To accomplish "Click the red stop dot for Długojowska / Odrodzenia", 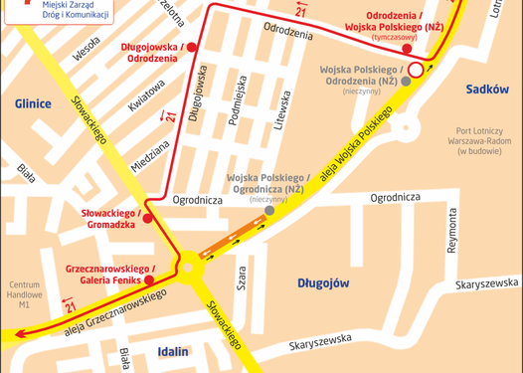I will coord(192,47).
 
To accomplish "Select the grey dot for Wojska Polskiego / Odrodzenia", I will coord(405,82).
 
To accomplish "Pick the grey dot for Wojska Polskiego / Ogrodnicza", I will coord(269,210).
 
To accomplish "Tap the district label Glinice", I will coord(33,102).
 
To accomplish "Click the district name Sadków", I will coord(487,90).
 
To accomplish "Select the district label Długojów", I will coord(323,283).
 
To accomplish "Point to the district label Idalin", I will coord(172,351).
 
